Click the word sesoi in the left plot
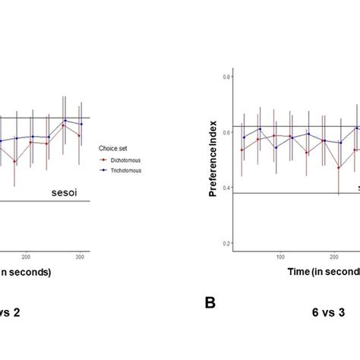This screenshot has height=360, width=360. pos(65,192)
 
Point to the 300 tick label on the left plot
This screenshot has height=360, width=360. pos(80,258)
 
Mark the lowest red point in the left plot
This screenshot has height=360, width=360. pos(14,161)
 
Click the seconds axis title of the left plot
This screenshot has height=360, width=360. pos(24,272)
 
